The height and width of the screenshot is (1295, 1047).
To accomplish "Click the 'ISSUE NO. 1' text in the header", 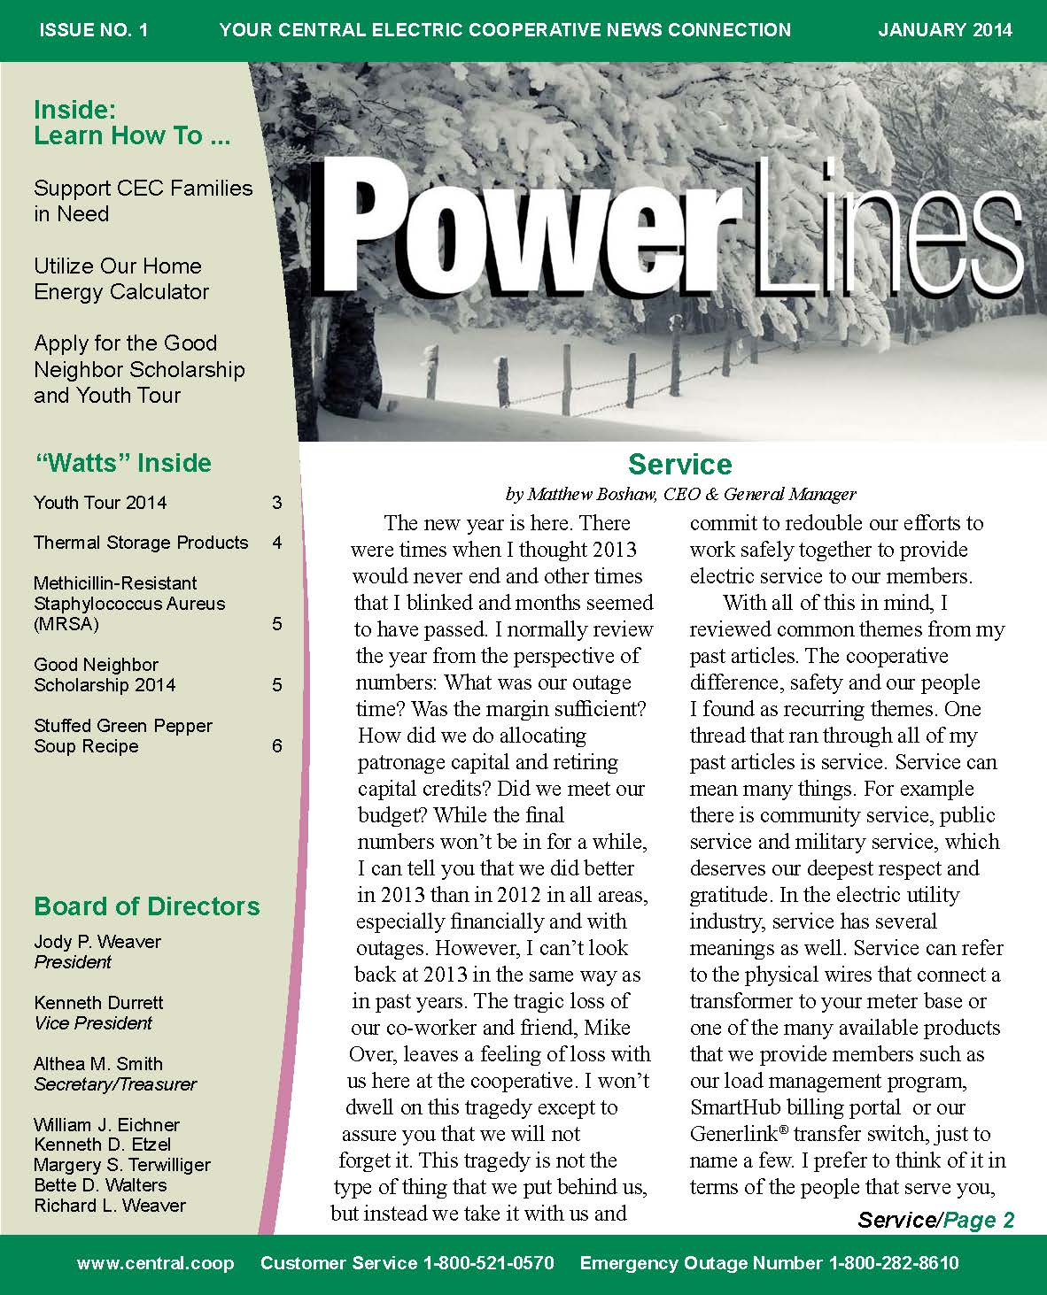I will pos(94,30).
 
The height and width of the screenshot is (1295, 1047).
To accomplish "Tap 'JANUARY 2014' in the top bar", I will pos(945,30).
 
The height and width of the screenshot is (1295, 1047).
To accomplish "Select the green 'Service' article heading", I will pos(679,465).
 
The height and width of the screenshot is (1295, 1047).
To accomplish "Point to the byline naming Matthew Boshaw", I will pos(679,494).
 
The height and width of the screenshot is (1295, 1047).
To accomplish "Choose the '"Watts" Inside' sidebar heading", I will pos(122,463).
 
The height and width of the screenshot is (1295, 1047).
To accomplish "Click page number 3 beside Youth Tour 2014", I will pos(277,503).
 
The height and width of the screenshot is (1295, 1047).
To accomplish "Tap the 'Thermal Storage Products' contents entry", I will pos(141,543).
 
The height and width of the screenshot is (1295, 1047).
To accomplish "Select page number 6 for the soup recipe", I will pos(277,746).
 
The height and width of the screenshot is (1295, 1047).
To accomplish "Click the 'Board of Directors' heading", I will pos(147,906).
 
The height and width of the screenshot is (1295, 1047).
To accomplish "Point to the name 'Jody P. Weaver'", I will pos(97,942).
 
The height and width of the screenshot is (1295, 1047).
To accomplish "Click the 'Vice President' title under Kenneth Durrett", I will pos(93,1023).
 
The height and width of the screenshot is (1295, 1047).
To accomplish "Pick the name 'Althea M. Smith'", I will pos(98,1064).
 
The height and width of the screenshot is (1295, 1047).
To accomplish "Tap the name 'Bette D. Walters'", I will pos(100,1185).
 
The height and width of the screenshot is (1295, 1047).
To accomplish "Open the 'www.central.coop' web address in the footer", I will pos(155,1264).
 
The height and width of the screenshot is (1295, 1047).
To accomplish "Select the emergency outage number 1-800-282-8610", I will pos(893,1264).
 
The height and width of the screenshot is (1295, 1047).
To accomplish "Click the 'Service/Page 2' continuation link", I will pos(935,1221).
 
